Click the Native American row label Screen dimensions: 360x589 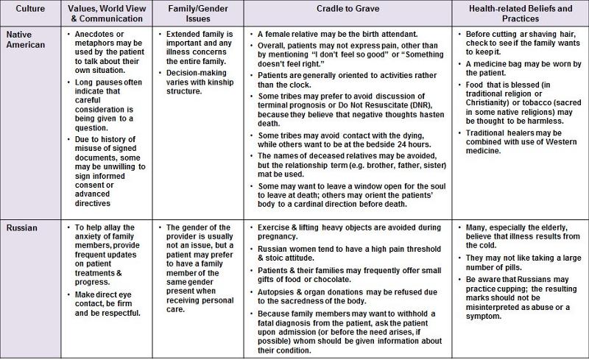(27, 40)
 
